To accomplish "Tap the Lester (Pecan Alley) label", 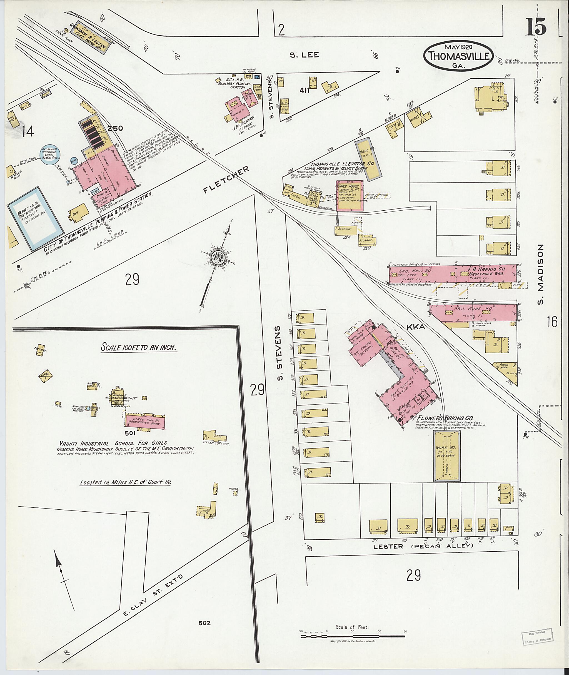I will point(423,546).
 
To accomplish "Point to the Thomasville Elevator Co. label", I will point(342,164).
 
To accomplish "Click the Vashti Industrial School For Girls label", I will point(113,443).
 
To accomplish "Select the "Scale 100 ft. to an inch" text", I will point(138,347).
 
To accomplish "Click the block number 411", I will point(305,91).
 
